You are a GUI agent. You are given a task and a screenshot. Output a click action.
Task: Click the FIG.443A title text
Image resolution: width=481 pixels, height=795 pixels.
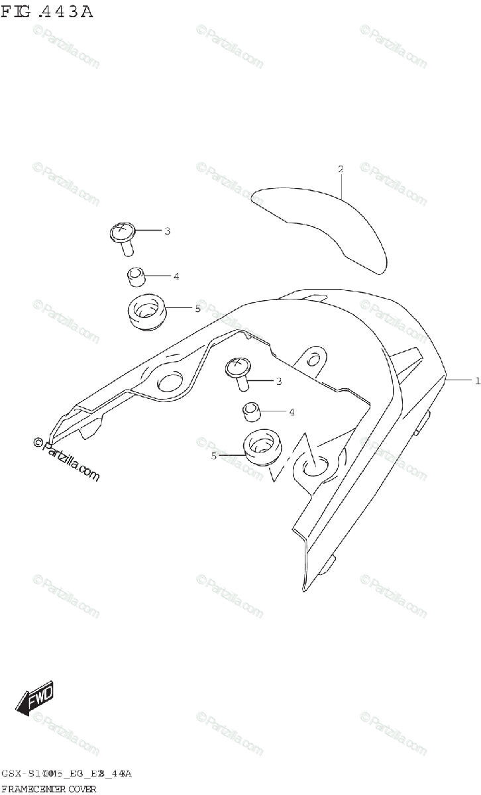pos(46,11)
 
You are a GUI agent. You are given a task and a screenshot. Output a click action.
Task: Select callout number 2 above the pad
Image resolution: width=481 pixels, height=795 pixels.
pos(341,170)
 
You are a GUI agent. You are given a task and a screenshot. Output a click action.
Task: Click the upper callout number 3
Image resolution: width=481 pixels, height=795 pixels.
pos(167,231)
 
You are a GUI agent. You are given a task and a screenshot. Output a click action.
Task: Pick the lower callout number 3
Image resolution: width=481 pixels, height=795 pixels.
pos(279,381)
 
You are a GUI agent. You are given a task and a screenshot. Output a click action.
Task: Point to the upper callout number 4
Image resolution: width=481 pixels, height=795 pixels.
pos(176,276)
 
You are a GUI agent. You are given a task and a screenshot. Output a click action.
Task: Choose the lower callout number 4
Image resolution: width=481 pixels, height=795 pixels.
pos(291,412)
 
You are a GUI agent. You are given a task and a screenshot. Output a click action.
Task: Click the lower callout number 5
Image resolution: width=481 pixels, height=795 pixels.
pos(213,456)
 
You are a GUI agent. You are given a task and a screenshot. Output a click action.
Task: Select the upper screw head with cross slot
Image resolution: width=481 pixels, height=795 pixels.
pos(122,232)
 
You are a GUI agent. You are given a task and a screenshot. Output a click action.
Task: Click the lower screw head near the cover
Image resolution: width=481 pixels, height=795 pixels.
pos(238,365)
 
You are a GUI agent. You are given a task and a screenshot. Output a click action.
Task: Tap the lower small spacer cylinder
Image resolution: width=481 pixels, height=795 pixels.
pos(251,412)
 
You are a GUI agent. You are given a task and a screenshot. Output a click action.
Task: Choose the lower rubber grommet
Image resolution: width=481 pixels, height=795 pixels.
pos(262,449)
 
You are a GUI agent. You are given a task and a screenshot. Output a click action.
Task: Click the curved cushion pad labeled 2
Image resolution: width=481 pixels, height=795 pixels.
pos(325,225)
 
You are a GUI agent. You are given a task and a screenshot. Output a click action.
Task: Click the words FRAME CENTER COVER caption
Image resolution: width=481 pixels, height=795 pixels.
pos(50,788)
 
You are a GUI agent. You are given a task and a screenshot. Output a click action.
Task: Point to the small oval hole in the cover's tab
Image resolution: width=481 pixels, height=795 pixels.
pos(313,360)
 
